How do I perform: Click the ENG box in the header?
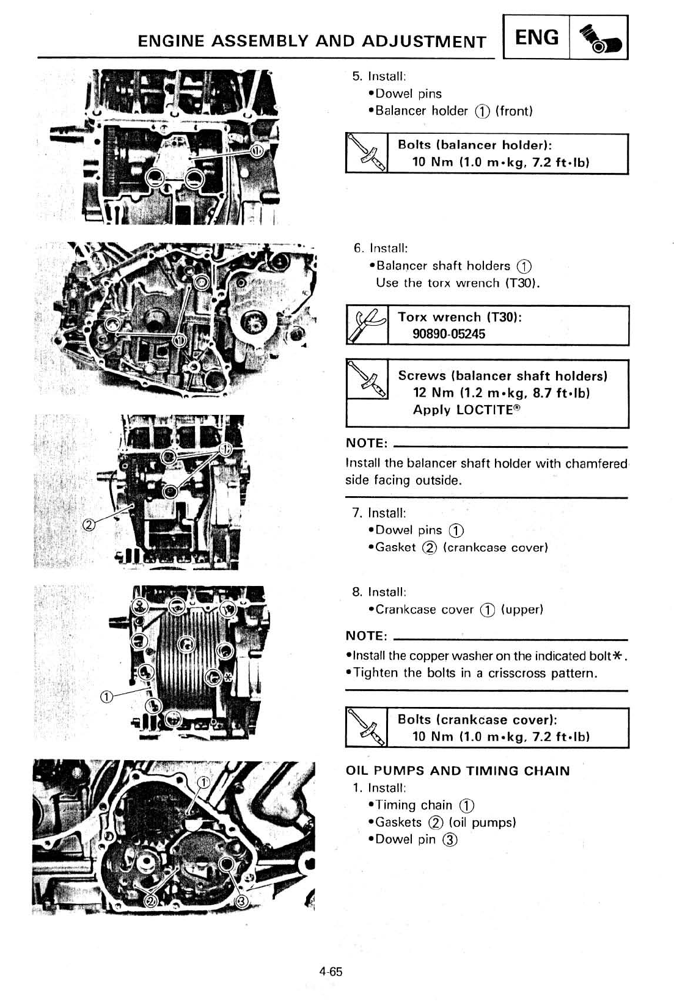(x=537, y=37)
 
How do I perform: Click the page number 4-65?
(x=331, y=972)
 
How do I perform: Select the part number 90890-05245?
(x=449, y=334)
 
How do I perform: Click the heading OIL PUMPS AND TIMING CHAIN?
(x=458, y=771)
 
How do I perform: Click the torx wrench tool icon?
(x=367, y=325)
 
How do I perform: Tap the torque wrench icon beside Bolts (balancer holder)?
(x=367, y=153)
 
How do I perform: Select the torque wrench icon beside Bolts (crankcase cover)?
(x=367, y=727)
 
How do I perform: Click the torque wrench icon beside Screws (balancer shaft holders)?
(x=367, y=379)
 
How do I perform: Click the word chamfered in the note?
(x=596, y=463)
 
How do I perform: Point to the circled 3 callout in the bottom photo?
(x=242, y=902)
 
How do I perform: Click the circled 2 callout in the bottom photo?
(x=150, y=902)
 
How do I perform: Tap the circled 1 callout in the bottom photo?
(x=204, y=782)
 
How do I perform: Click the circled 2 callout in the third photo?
(x=89, y=524)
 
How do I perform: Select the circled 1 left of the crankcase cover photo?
(x=106, y=697)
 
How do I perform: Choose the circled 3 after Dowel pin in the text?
(x=450, y=840)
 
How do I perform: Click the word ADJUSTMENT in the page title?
(x=425, y=42)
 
